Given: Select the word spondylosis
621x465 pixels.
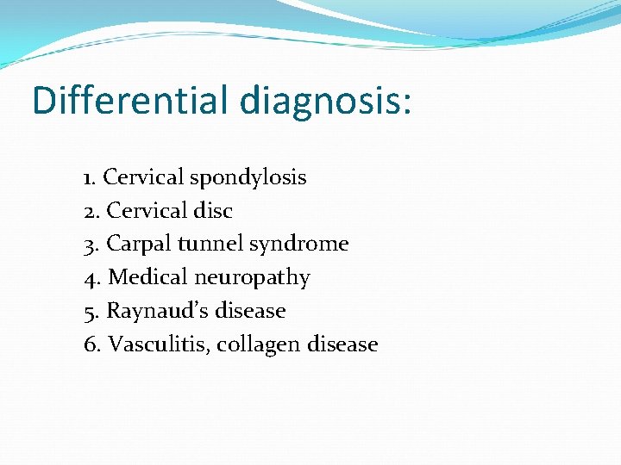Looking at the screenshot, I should [248, 177].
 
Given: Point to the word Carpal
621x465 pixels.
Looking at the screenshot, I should [139, 245].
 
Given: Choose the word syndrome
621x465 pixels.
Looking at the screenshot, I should [298, 245].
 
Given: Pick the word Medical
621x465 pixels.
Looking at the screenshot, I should [146, 277].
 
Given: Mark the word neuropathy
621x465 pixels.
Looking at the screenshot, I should [252, 278].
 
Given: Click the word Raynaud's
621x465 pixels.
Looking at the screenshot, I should [147, 311].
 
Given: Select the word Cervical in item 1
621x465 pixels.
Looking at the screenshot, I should [143, 177].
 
